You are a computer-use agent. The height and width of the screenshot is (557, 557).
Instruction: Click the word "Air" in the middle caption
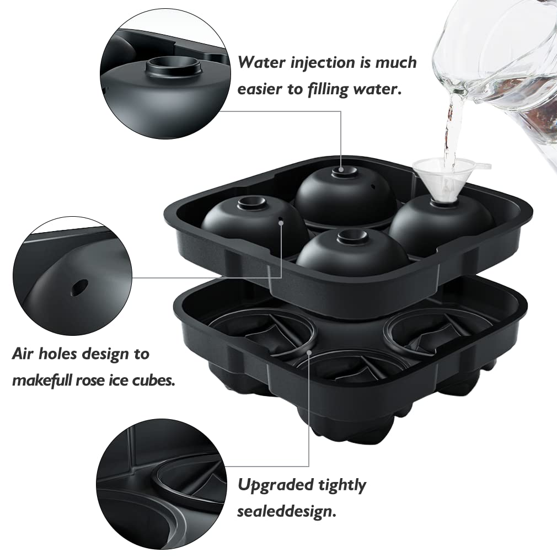click(x=24, y=354)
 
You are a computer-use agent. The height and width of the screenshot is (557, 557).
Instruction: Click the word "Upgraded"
click(x=274, y=485)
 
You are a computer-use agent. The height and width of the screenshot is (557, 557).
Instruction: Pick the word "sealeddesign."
click(x=286, y=512)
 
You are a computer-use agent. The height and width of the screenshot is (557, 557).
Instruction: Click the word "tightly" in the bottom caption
click(x=342, y=485)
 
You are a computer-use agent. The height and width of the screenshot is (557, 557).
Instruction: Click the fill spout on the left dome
click(x=251, y=203)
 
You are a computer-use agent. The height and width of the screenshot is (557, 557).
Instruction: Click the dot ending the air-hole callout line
click(x=282, y=223)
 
